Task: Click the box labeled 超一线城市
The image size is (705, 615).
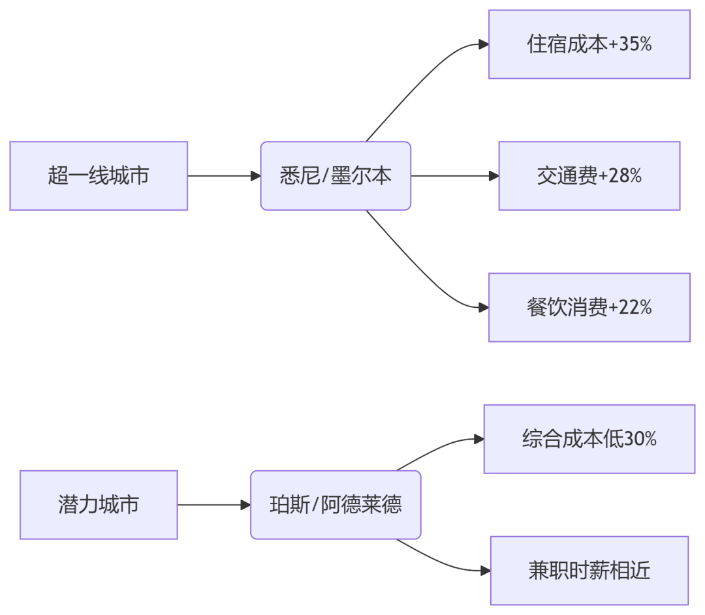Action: tap(99, 176)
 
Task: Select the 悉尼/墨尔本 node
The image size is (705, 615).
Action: tap(336, 176)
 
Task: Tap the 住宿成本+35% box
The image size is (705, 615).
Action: tap(589, 44)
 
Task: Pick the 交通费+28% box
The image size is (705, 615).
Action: tap(589, 176)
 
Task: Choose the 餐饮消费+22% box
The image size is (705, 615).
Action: tap(589, 307)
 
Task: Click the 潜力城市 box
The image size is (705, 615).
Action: tap(99, 505)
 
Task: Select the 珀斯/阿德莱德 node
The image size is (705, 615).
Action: tap(336, 505)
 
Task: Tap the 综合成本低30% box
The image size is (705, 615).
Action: tap(589, 439)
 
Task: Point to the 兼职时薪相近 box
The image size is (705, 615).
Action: tap(589, 571)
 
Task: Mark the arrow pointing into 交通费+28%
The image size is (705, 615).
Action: tap(454, 176)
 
